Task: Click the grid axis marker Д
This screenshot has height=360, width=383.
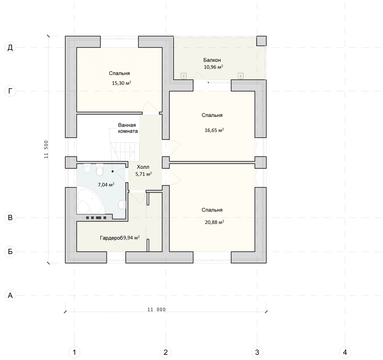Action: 10,47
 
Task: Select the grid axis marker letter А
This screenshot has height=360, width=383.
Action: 10,295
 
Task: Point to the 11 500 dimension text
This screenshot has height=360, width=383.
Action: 46,149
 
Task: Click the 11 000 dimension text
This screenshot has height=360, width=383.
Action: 156,310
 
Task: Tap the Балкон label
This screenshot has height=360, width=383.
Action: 212,60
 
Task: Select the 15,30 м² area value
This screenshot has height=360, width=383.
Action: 122,83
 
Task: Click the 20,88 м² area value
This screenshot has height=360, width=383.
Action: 214,222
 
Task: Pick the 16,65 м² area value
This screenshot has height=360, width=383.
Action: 214,130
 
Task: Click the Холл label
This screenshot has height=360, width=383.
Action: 143,167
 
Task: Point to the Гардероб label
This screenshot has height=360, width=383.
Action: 111,238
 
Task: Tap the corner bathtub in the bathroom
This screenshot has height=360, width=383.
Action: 91,200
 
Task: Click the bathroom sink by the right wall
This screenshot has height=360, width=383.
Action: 122,205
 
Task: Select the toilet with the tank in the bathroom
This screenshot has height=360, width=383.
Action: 100,170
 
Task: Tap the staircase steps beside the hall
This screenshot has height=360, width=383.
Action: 125,152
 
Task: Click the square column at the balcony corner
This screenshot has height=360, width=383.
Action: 261,41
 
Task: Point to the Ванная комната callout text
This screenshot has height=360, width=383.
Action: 128,128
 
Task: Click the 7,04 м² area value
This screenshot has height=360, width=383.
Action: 106,185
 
